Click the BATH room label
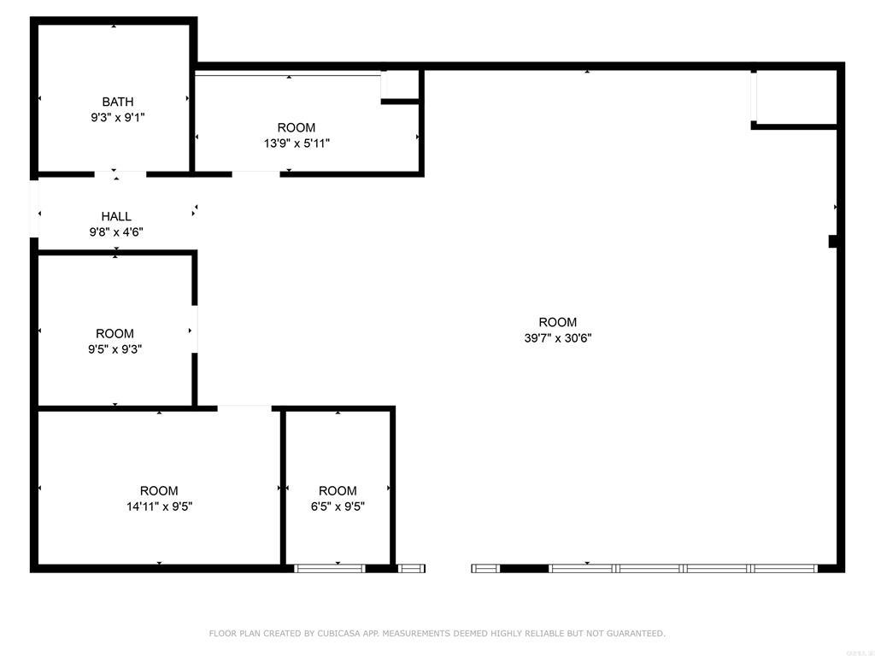coord(118,102)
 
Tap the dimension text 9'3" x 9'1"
coord(118,118)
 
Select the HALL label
coord(116,216)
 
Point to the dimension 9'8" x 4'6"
coord(116,231)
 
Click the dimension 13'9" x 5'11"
coord(297,143)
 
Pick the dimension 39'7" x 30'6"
coord(558,337)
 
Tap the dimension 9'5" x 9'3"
coord(115,348)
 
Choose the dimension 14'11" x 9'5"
coord(159,506)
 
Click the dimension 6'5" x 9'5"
coord(338,506)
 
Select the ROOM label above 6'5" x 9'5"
coord(338,490)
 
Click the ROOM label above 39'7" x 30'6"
coord(558,322)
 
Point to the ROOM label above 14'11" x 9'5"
coord(159,490)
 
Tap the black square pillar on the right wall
coord(833,242)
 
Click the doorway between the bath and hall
coord(120,174)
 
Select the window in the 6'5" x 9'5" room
coord(330,568)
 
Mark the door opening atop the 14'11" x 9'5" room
coord(244,408)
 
